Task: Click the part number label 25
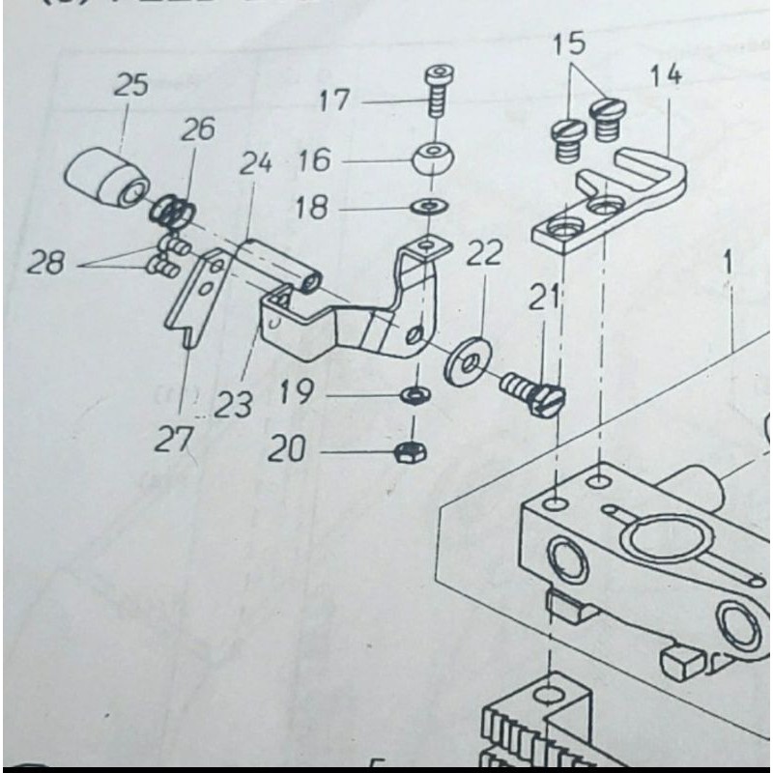point(130,85)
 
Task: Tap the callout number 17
point(337,100)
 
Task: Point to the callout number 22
point(484,255)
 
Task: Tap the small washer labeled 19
point(415,395)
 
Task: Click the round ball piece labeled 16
point(432,160)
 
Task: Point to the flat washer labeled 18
point(423,206)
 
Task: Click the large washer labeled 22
point(467,361)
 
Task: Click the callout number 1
point(726,263)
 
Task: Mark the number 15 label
point(570,43)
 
